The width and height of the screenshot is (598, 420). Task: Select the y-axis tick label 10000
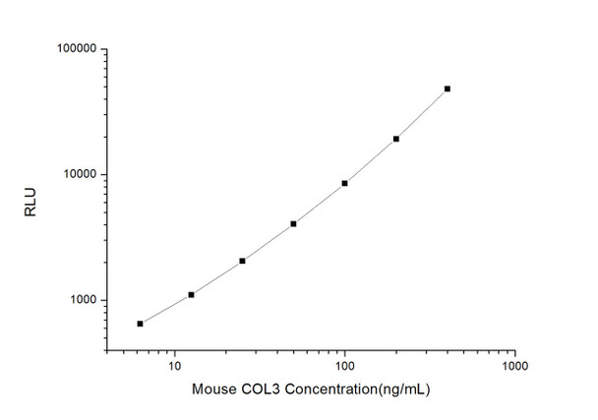(77, 175)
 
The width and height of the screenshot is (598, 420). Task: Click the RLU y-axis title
(30, 201)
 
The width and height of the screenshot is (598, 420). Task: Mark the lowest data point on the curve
(141, 324)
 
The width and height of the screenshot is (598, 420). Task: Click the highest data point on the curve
(448, 89)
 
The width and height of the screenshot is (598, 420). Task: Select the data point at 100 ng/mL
(345, 183)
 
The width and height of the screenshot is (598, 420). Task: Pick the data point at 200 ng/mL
(396, 139)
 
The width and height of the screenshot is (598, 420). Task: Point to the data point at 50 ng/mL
(293, 224)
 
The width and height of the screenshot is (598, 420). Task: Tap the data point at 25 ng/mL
(242, 261)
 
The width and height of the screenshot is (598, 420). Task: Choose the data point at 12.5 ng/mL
(191, 294)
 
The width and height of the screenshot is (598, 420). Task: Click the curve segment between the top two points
(423, 113)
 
